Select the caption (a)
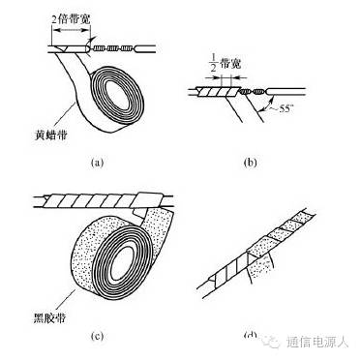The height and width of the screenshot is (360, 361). click(97, 162)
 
